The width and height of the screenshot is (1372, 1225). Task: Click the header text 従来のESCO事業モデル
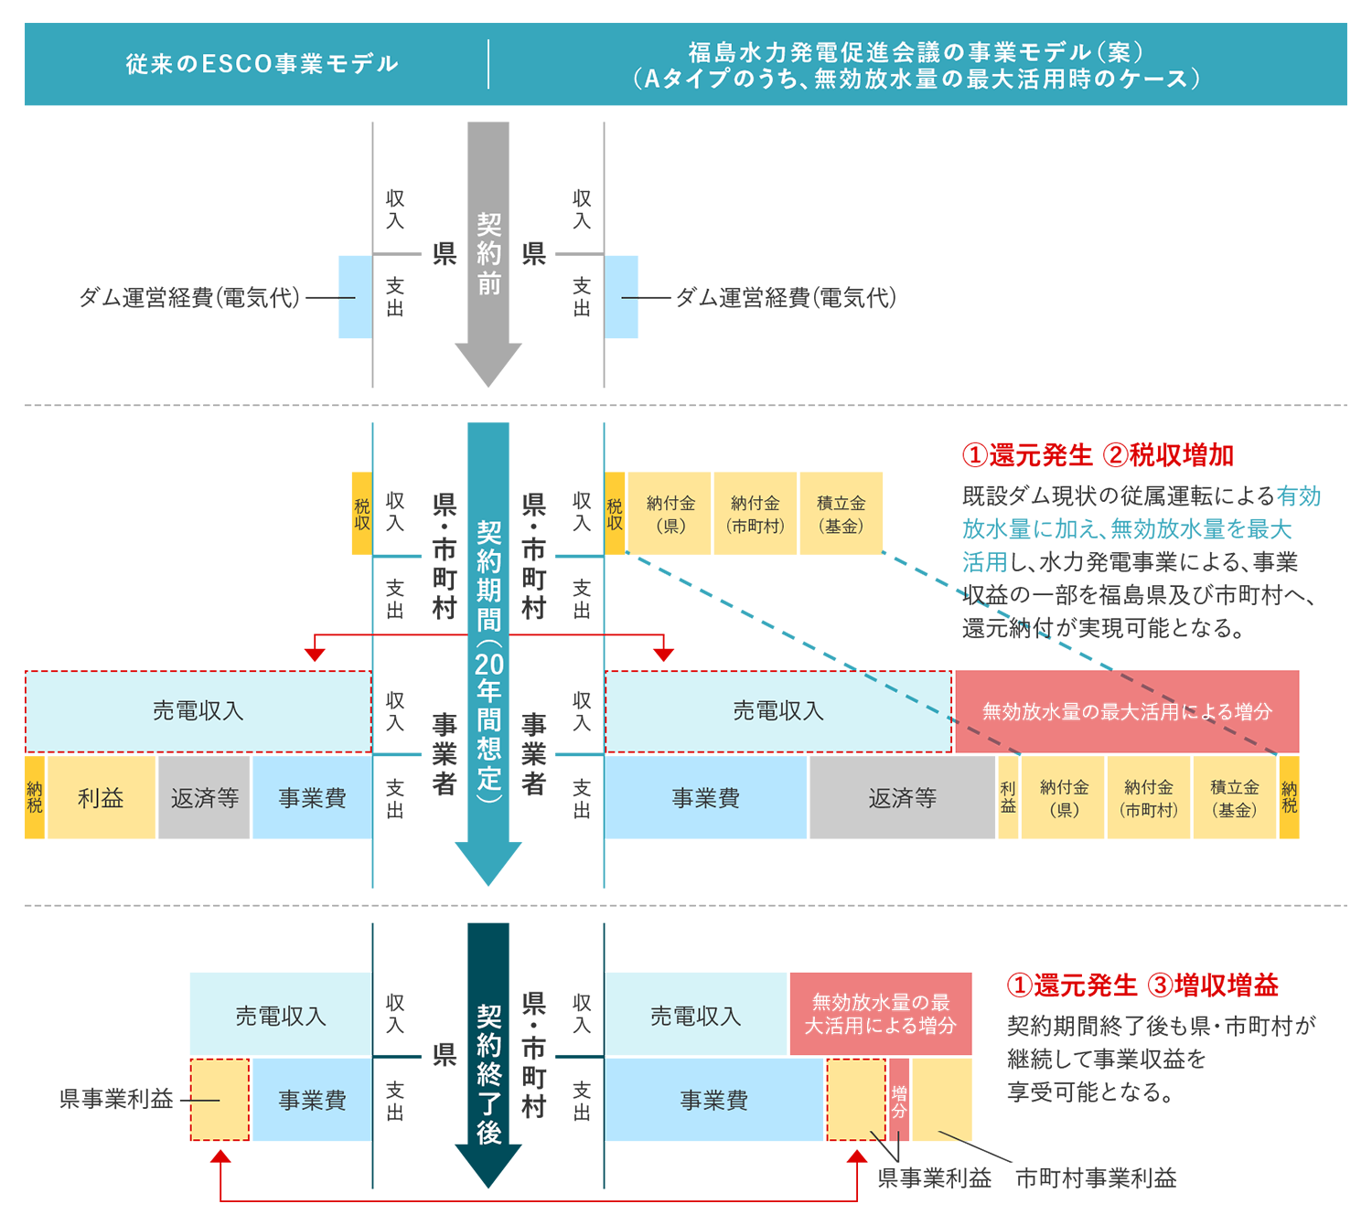pos(262,64)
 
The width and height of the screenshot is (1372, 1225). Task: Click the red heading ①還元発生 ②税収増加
pos(1098,455)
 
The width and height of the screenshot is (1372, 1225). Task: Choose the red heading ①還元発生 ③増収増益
pos(1142,985)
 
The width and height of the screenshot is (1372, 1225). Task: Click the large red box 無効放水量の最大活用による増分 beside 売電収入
pos(1127,711)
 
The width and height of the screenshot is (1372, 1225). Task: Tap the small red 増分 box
pos(899,1100)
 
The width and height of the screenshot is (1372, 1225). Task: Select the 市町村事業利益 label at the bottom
pos(1096,1178)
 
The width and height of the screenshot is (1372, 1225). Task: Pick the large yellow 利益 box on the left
pos(101,798)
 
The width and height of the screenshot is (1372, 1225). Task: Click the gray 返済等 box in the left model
pos(204,798)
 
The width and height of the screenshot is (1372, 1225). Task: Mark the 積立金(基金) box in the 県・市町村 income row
pos(841,514)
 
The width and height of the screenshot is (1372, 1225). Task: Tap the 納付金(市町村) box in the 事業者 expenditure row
pos(1149,798)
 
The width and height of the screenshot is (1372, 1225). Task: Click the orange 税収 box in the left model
pos(362,514)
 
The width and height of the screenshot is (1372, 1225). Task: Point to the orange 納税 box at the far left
pos(35,798)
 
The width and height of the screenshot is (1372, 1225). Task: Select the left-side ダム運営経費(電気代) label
pos(189,298)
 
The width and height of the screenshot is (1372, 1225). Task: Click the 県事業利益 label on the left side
pos(116,1100)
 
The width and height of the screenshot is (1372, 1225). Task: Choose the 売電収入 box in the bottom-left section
pos(280,1016)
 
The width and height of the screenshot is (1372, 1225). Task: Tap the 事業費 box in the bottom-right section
pos(713,1100)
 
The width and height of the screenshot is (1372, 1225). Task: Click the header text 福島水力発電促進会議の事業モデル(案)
pos(916,52)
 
